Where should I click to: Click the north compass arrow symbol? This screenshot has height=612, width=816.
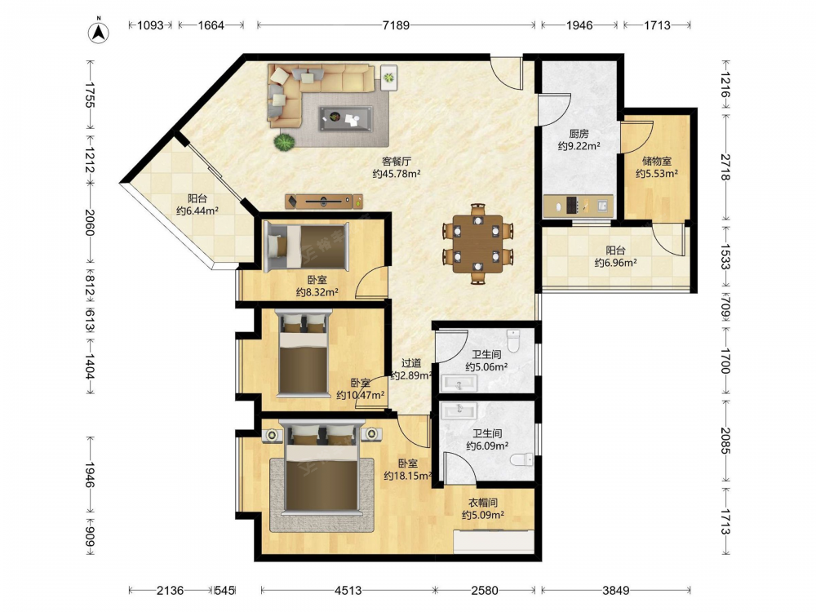click(x=99, y=33)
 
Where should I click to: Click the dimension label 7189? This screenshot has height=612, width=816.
click(x=396, y=25)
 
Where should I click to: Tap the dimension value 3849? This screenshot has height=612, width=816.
click(x=615, y=590)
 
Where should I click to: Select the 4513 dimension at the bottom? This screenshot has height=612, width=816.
click(x=348, y=590)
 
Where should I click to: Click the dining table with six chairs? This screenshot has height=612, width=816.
click(x=477, y=244)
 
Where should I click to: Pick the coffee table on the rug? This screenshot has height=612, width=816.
click(x=346, y=118)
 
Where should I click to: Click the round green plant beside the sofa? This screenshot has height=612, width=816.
click(x=285, y=142)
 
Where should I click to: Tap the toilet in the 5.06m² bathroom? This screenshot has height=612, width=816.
click(x=513, y=340)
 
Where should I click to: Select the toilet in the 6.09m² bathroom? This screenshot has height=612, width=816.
click(x=522, y=459)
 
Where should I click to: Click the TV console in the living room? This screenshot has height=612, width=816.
click(x=324, y=201)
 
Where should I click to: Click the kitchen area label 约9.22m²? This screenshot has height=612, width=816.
click(x=579, y=146)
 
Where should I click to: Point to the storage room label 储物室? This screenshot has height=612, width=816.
click(x=656, y=162)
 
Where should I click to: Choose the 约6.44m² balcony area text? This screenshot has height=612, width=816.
click(x=197, y=211)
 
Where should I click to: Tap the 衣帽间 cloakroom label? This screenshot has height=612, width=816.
click(x=483, y=503)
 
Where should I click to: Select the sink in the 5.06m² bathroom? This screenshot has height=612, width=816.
click(x=459, y=384)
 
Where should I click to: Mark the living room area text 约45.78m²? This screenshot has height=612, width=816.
click(x=397, y=174)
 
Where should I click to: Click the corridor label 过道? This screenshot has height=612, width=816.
click(x=410, y=363)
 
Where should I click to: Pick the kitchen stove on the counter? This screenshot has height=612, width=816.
click(x=571, y=205)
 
